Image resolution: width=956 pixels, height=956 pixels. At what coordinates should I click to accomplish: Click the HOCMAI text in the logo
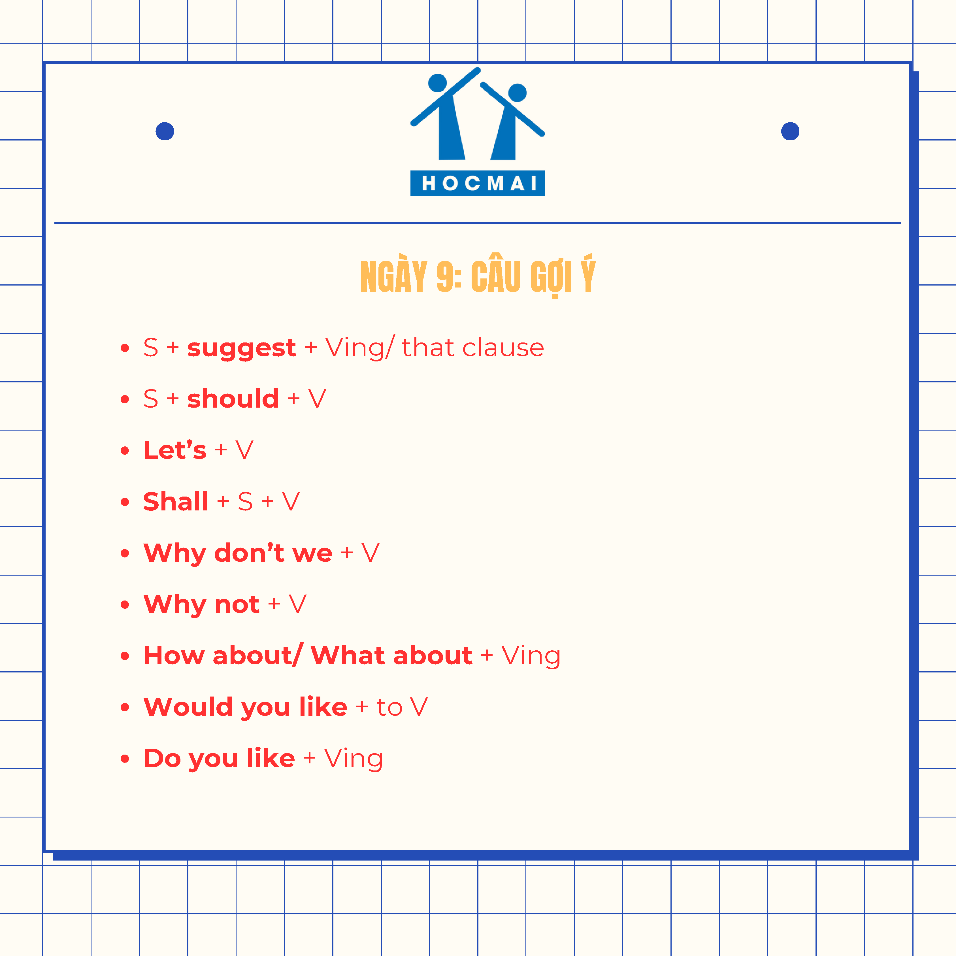pos(478,183)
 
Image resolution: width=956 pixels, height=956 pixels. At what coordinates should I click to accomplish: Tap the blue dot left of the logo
pos(165,131)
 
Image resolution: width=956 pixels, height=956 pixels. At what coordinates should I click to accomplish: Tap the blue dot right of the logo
pos(790,131)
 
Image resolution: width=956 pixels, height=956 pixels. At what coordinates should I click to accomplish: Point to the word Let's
pos(175,450)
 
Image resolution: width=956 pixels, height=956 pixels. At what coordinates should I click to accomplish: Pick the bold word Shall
pos(176,501)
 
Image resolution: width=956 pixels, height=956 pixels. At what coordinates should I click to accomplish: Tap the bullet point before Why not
pos(125,605)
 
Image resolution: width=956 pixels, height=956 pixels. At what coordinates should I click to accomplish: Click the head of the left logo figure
pos(437,83)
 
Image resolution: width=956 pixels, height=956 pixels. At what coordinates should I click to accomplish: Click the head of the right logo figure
pos(518,93)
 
